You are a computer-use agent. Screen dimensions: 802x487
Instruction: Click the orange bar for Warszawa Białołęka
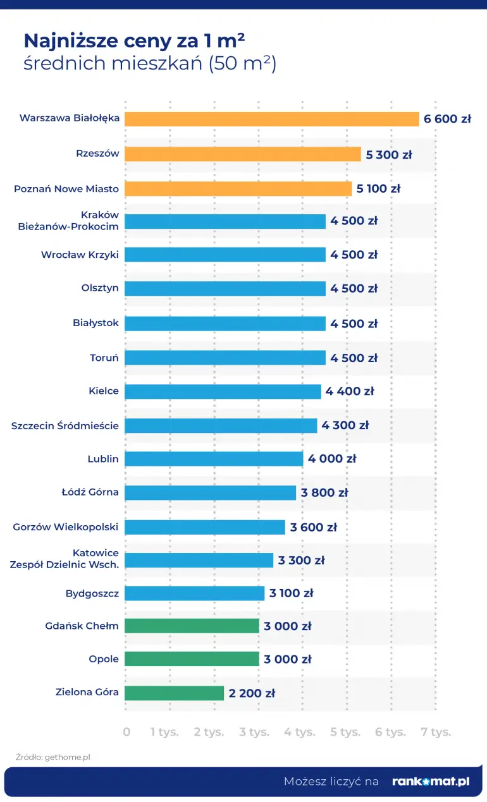point(271,119)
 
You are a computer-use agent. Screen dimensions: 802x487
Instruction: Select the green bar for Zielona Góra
point(174,693)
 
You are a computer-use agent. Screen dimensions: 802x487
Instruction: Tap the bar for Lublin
point(213,459)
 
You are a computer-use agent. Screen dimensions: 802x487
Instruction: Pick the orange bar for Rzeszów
point(242,154)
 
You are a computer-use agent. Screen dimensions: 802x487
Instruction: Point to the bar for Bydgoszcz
point(194,593)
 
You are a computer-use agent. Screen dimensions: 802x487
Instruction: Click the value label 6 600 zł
point(447,119)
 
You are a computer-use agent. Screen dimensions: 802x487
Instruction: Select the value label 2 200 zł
point(252,693)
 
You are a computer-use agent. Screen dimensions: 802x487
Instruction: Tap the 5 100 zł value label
point(378,188)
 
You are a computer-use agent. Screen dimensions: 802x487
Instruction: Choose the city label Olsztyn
point(100,288)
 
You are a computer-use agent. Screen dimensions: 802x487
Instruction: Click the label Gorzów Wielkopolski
point(66,526)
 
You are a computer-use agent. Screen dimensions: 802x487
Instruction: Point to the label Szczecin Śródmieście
point(65,425)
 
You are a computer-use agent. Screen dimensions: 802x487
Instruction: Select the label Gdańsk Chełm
point(82,626)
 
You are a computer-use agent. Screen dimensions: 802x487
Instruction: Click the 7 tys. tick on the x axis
point(436,732)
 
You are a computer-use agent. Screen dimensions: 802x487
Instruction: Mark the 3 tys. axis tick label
point(254,732)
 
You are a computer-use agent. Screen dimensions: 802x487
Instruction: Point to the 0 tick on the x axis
point(126,732)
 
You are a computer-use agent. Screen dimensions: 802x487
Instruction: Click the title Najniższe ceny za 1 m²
point(134,41)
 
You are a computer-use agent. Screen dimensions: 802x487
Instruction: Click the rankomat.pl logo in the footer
point(431,781)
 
